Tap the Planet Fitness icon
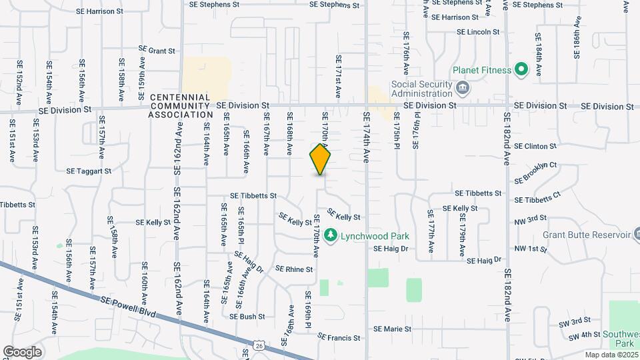click(x=521, y=70)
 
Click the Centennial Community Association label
click(x=181, y=106)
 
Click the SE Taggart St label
click(x=89, y=171)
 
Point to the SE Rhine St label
click(x=294, y=269)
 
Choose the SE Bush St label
click(x=247, y=317)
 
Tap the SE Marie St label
click(x=392, y=329)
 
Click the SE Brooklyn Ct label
click(x=535, y=172)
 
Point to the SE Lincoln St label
click(x=478, y=32)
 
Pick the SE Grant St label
click(x=157, y=49)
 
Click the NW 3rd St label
click(x=531, y=218)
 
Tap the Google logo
click(x=22, y=352)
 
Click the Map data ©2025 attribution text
click(x=611, y=355)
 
